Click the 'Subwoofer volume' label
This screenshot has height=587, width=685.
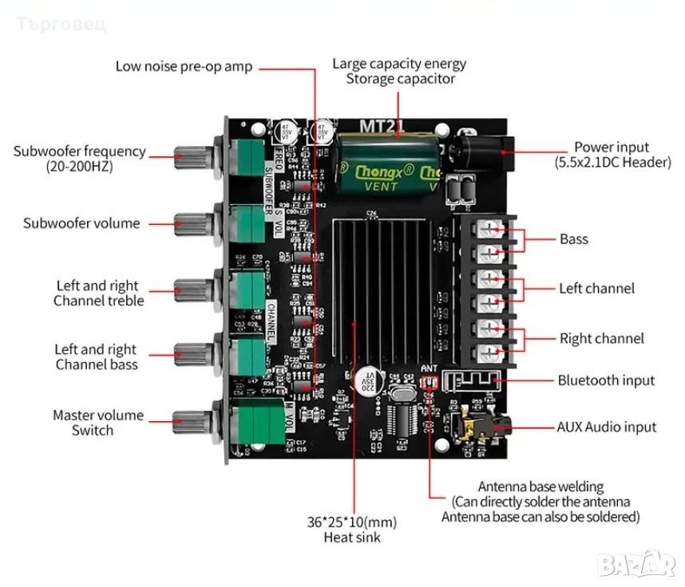click(81, 223)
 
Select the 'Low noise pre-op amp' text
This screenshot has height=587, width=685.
click(184, 66)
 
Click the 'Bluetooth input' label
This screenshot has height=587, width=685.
click(606, 380)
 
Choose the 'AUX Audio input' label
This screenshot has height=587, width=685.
click(606, 427)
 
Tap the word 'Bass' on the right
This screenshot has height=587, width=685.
click(573, 238)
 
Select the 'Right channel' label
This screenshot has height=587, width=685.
click(600, 338)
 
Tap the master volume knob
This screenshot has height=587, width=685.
click(192, 420)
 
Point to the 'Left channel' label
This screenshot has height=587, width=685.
click(596, 288)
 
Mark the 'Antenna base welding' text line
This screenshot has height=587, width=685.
click(540, 487)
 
